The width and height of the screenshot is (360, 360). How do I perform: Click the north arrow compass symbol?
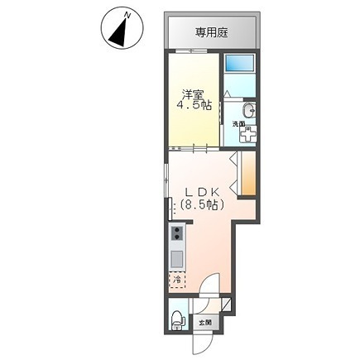coord(118,31)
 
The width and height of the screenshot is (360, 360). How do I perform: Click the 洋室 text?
coord(194,92)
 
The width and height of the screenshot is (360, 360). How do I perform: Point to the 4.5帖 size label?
coord(194,105)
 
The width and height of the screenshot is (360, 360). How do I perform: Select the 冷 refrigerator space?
coord(176,281)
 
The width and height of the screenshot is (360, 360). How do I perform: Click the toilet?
coord(175,318)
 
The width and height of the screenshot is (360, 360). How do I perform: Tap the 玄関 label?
coord(205,322)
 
